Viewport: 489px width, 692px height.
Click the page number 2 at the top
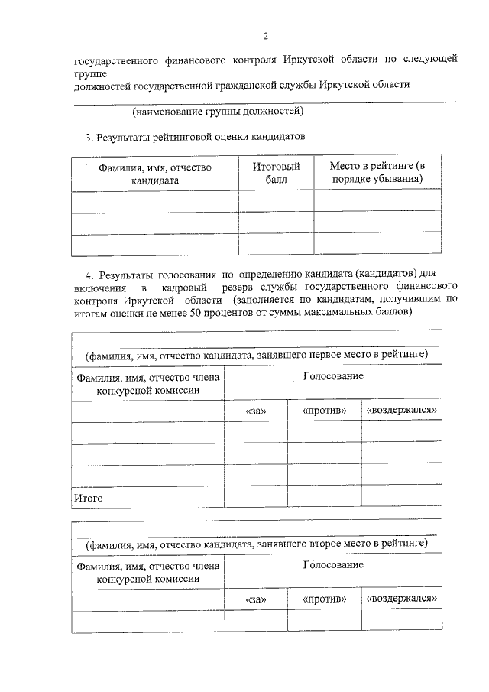[265, 36]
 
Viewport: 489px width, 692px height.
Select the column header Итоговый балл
[276, 174]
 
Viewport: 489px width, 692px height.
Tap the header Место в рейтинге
[377, 174]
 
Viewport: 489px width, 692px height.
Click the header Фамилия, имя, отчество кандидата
[154, 174]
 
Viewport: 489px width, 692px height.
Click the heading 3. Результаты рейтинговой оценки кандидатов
[194, 138]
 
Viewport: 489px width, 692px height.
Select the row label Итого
[88, 499]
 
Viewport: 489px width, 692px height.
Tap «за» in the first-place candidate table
[256, 411]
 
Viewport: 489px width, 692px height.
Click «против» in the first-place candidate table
[325, 411]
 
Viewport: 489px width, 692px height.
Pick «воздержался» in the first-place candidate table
[402, 411]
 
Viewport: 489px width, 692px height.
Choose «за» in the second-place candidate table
[256, 599]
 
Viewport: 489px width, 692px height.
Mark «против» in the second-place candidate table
[325, 599]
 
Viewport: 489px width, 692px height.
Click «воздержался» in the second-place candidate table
[402, 598]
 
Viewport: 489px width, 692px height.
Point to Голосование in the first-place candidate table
[333, 377]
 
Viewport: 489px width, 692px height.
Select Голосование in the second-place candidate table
[333, 565]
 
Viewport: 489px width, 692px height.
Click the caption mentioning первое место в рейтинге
[256, 356]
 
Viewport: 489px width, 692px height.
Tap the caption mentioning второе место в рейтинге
[256, 544]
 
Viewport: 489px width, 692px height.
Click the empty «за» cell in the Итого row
[256, 497]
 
